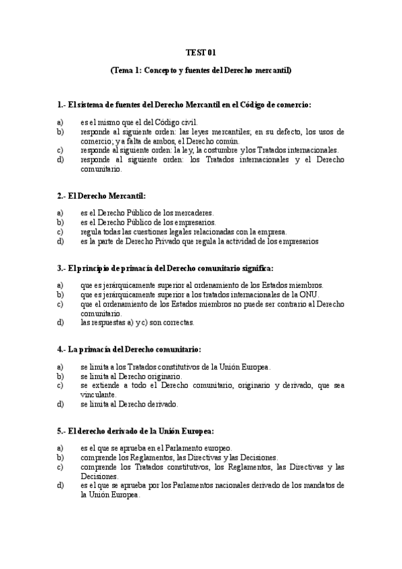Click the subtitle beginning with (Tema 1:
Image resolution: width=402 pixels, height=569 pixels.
click(x=201, y=70)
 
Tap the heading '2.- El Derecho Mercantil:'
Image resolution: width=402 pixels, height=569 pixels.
click(x=101, y=195)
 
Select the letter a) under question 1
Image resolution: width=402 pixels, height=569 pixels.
click(x=60, y=123)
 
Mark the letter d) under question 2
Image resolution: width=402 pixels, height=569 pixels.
click(x=60, y=241)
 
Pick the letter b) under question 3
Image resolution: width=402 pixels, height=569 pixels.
click(x=60, y=295)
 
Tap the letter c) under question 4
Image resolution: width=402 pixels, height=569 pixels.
click(x=60, y=386)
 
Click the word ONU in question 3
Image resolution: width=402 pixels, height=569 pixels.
click(x=309, y=295)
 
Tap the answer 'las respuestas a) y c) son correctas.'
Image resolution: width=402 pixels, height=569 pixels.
click(x=138, y=322)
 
